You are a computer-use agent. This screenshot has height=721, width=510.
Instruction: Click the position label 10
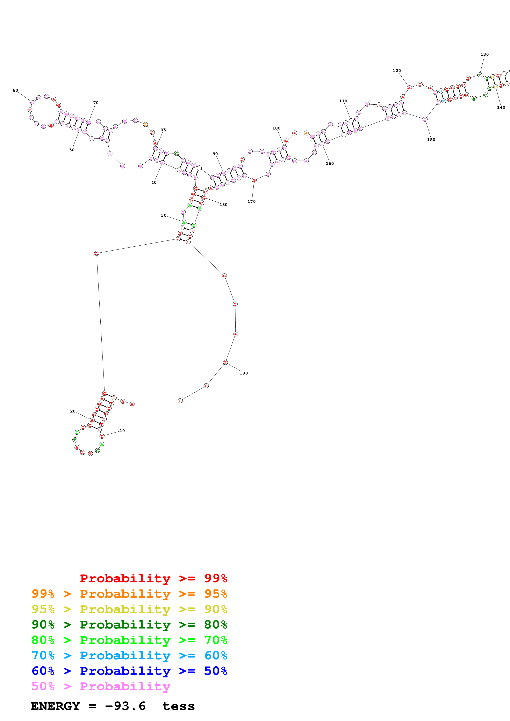(122, 431)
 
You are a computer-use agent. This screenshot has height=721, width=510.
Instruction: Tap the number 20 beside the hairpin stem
(73, 411)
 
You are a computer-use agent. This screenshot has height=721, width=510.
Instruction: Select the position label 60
(15, 90)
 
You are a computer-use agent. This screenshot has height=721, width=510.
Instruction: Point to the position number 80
(164, 129)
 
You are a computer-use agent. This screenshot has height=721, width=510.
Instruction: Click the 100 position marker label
(276, 128)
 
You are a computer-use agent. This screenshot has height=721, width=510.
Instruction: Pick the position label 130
(484, 54)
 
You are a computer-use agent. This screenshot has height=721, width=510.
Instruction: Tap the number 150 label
(431, 140)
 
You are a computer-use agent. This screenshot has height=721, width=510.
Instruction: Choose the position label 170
(251, 202)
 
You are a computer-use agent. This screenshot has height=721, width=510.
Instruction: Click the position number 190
(244, 373)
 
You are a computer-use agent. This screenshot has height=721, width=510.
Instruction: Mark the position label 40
(154, 183)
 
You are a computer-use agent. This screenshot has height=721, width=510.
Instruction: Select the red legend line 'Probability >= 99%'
(153, 578)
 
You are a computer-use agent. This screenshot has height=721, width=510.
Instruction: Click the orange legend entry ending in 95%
(129, 594)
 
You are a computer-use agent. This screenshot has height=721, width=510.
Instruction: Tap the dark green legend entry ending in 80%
(129, 625)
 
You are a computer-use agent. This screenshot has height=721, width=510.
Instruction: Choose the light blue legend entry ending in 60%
(129, 655)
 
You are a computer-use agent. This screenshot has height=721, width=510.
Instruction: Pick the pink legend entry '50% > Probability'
(101, 686)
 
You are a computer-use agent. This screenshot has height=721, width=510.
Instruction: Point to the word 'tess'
(179, 706)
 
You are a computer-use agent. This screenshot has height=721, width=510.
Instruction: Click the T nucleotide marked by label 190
(225, 362)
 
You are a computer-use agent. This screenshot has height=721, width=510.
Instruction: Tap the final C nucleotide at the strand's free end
(180, 401)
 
